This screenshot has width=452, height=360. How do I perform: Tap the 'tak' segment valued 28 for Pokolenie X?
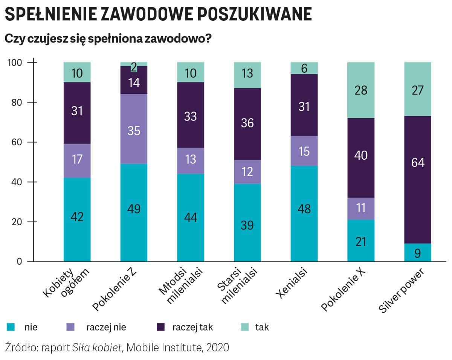click(361, 90)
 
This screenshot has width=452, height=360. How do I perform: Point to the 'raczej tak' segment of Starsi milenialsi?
click(247, 124)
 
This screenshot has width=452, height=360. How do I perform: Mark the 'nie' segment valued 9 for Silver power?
click(418, 253)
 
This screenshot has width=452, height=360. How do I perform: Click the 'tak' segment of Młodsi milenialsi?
click(191, 72)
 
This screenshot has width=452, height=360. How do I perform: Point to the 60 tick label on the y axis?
click(16, 142)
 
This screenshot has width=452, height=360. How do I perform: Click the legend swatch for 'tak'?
click(244, 327)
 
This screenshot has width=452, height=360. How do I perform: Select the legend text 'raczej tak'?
click(192, 327)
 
